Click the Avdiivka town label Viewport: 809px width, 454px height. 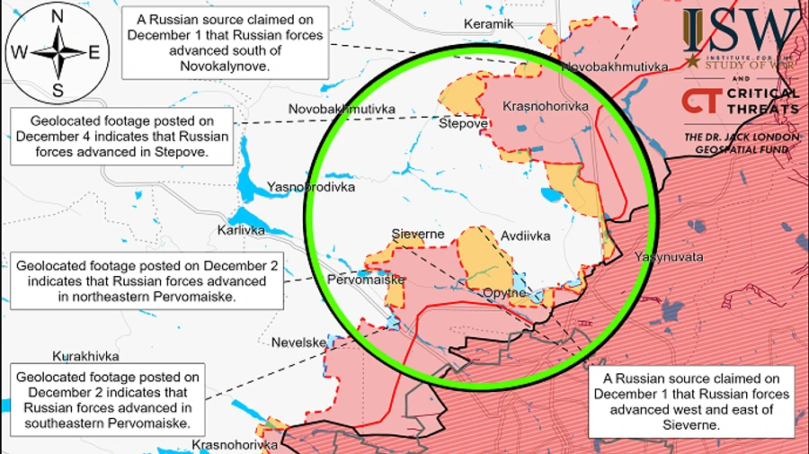click(525, 236)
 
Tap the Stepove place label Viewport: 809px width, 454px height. click(463, 124)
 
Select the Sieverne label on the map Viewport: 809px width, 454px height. click(418, 234)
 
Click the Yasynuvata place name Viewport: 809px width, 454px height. click(668, 257)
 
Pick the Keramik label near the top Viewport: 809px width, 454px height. click(488, 23)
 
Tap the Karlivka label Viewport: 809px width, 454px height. click(241, 230)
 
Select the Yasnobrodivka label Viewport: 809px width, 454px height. click(311, 188)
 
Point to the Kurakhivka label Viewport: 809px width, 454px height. click(86, 356)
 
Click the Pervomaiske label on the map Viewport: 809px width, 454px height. click(366, 280)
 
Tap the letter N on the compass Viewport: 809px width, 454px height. click(58, 16)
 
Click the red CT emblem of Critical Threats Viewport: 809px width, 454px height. click(699, 101)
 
